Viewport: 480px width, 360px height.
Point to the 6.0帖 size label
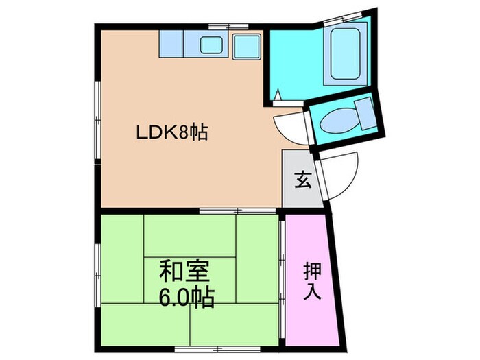[185, 298]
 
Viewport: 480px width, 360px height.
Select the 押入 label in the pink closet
[312, 280]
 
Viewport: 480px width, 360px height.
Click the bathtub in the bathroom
[350, 55]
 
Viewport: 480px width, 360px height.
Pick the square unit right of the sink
[245, 46]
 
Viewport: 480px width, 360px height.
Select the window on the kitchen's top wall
[228, 27]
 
